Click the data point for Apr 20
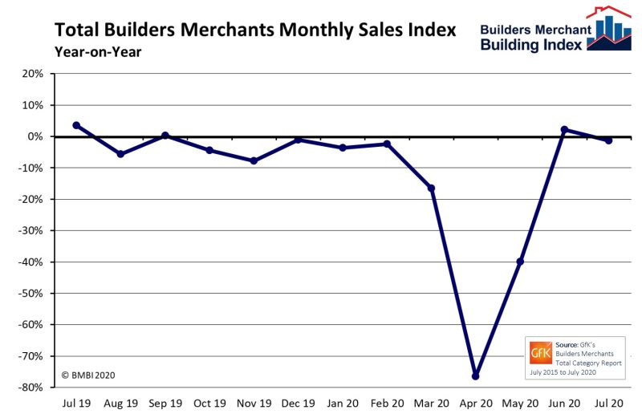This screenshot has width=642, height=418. point(475,375)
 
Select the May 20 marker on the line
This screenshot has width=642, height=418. point(520,262)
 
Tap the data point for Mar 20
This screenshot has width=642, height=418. point(431,188)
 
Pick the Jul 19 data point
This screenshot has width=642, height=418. point(76,125)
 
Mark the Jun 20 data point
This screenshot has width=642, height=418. point(564,129)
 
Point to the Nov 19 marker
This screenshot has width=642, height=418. point(254,160)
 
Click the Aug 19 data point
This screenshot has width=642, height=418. point(120,153)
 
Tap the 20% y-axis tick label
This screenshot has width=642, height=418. point(32,74)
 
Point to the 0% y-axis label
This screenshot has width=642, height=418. point(35,136)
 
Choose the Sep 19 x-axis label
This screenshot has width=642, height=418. point(165,403)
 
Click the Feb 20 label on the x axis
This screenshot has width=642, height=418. point(387,403)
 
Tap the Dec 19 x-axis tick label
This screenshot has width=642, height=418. point(298,403)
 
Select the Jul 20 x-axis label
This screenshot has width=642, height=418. point(609,403)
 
